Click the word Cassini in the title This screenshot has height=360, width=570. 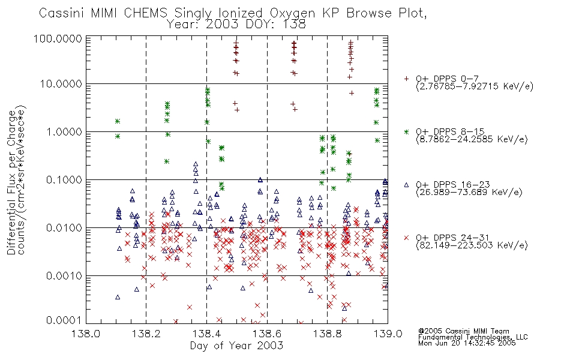pyautogui.click(x=61, y=13)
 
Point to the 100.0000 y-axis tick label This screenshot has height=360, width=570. pyautogui.click(x=58, y=38)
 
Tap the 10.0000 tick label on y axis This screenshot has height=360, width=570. pyautogui.click(x=61, y=84)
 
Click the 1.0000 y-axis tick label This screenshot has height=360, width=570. pyautogui.click(x=64, y=131)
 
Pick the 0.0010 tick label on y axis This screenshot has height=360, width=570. pyautogui.click(x=64, y=276)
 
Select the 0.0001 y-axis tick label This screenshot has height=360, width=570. pyautogui.click(x=64, y=320)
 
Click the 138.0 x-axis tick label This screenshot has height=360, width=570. pyautogui.click(x=86, y=334)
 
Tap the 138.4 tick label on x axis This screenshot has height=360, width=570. pyautogui.click(x=207, y=334)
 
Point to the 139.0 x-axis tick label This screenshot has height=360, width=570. pyautogui.click(x=388, y=334)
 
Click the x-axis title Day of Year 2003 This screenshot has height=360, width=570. pyautogui.click(x=236, y=346)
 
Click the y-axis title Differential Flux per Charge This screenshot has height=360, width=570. pyautogui.click(x=12, y=182)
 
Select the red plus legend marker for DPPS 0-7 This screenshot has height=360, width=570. pyautogui.click(x=406, y=79)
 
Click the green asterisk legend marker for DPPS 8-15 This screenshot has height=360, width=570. pyautogui.click(x=406, y=131)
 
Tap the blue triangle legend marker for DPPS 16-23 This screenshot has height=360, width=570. pyautogui.click(x=406, y=185)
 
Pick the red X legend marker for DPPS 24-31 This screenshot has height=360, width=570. pyautogui.click(x=406, y=238)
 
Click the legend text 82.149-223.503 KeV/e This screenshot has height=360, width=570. pyautogui.click(x=472, y=245)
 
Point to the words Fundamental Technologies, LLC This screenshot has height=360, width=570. pyautogui.click(x=473, y=337)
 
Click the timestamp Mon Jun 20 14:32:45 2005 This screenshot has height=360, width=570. pyautogui.click(x=467, y=343)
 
